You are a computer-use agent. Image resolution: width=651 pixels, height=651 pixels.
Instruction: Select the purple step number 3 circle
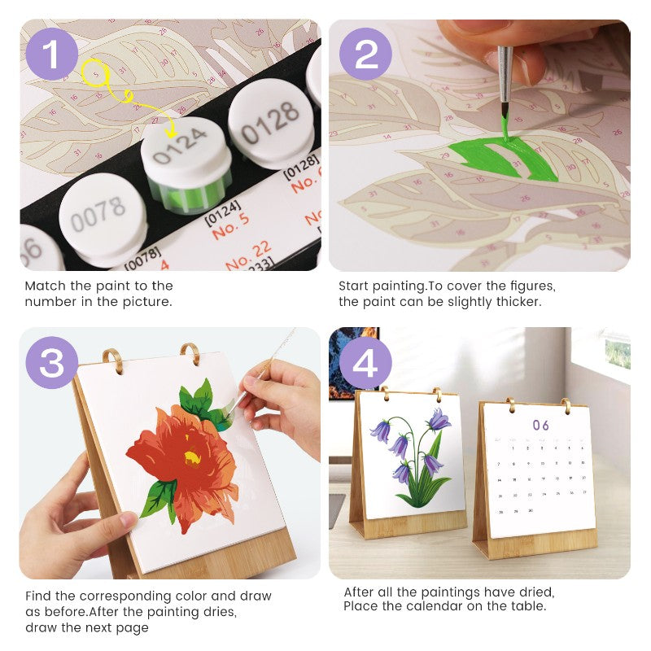(x=52, y=363)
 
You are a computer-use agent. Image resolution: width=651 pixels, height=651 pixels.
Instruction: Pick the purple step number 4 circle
(x=365, y=363)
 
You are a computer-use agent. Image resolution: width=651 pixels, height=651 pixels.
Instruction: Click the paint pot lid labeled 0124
(x=186, y=151)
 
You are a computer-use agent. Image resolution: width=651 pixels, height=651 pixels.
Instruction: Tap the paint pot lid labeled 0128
(x=270, y=122)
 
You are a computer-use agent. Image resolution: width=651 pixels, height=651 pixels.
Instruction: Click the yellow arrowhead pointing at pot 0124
(x=170, y=132)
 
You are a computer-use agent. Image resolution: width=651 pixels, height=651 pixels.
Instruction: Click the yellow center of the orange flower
(x=191, y=457)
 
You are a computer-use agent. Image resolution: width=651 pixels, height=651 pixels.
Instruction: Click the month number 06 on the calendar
(x=541, y=425)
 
